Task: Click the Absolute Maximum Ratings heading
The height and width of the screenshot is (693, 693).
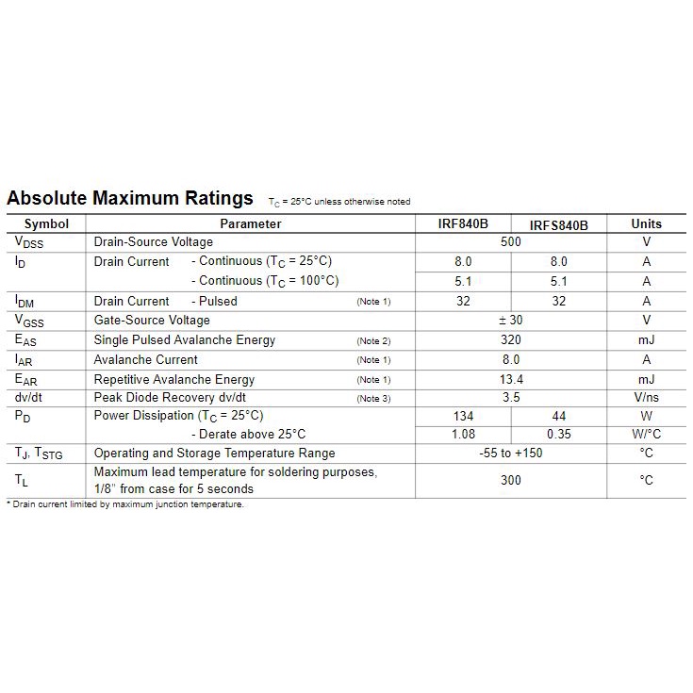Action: click(130, 199)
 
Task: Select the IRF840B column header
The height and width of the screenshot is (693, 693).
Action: click(463, 224)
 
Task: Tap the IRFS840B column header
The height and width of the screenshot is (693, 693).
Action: click(558, 225)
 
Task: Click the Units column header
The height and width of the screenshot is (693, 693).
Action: click(646, 224)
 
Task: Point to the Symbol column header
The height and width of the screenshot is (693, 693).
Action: click(46, 224)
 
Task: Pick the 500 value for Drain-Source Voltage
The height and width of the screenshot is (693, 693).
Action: click(510, 242)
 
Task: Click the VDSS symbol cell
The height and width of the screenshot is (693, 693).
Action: click(29, 243)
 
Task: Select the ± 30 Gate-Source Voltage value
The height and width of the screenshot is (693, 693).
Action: click(510, 321)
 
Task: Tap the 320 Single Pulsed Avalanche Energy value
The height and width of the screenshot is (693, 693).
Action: click(510, 340)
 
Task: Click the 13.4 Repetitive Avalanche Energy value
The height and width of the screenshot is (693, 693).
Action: click(510, 379)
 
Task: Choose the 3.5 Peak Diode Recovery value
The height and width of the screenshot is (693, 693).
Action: click(510, 398)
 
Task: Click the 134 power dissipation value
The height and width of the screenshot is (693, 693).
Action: click(463, 416)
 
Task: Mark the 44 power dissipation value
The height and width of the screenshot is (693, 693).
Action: click(558, 416)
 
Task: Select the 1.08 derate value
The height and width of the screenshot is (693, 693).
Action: click(463, 435)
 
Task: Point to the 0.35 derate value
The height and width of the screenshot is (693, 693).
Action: click(558, 435)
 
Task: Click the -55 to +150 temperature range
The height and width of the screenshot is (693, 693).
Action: click(510, 454)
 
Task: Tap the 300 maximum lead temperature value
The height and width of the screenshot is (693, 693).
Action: click(510, 480)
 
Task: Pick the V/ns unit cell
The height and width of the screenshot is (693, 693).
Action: click(646, 398)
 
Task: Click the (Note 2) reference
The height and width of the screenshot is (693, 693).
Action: click(373, 341)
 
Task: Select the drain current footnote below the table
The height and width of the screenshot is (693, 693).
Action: click(125, 504)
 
